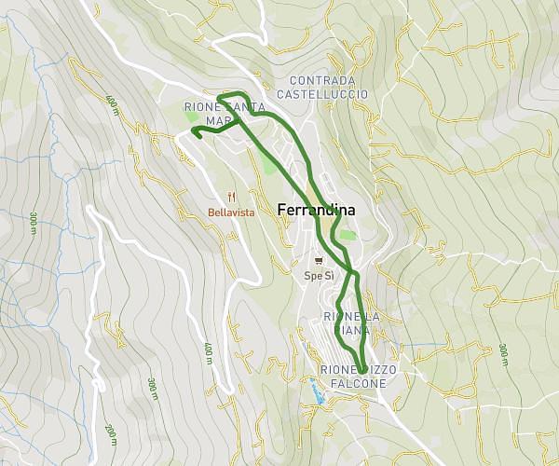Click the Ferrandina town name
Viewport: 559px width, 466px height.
(x=317, y=211)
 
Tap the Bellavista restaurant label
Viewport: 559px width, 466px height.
(x=232, y=212)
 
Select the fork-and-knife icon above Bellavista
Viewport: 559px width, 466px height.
(x=231, y=197)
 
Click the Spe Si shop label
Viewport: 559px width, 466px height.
(x=319, y=276)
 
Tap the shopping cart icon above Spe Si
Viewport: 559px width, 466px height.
(x=319, y=261)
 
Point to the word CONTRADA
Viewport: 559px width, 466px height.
(x=322, y=81)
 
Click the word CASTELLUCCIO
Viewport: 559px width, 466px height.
(x=322, y=94)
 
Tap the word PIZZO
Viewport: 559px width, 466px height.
(x=377, y=370)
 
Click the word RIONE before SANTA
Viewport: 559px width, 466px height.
(x=202, y=107)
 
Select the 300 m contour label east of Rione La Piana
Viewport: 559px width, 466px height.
(x=503, y=355)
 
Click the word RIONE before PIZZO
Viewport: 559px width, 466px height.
(x=336, y=370)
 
